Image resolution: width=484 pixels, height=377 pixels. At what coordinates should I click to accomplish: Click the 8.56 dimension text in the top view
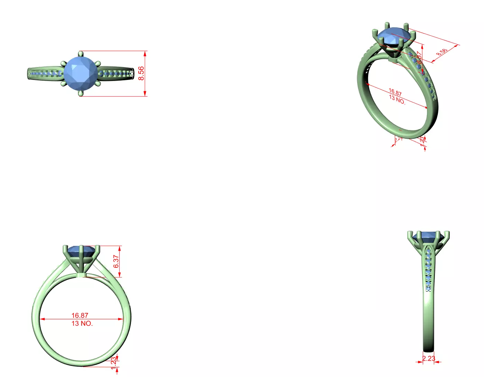(x=141, y=73)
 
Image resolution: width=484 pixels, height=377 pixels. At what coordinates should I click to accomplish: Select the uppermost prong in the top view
(x=81, y=54)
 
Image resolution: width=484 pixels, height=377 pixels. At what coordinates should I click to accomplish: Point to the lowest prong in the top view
(x=81, y=93)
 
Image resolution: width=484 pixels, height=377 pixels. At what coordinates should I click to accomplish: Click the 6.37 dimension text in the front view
(x=116, y=261)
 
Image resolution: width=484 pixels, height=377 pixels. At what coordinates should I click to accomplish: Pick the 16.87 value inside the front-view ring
(x=80, y=315)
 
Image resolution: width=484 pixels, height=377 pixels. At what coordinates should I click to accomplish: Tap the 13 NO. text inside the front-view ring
(x=82, y=323)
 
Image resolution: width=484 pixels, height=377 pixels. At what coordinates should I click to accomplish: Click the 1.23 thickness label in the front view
(x=114, y=363)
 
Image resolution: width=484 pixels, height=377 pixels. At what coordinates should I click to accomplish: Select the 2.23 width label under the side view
(x=429, y=358)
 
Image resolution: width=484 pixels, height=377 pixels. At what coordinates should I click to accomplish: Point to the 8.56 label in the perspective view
(x=442, y=52)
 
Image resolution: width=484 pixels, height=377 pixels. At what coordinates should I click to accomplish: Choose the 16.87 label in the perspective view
(x=395, y=93)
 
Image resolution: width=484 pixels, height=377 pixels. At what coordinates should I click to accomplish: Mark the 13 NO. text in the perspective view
(x=397, y=100)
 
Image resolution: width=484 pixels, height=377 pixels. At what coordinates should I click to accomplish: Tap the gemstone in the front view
(x=80, y=251)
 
